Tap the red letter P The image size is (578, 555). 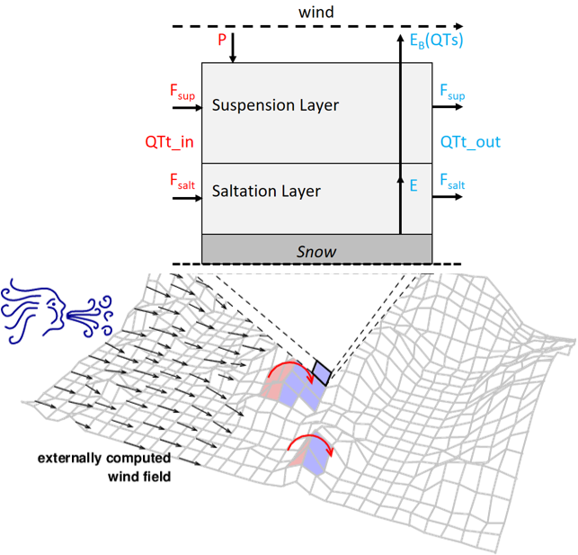tap(221, 40)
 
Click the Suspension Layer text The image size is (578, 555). tap(275, 105)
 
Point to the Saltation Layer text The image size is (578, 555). tap(266, 191)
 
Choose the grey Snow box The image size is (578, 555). tap(316, 251)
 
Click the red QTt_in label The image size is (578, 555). tap(169, 142)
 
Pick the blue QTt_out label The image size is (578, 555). tap(470, 142)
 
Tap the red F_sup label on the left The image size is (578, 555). tap(182, 91)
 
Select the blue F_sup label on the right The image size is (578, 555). tap(452, 91)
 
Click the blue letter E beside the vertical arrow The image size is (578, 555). tap(413, 185)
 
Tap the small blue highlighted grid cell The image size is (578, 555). tap(320, 371)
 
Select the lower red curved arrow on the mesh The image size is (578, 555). tap(314, 443)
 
